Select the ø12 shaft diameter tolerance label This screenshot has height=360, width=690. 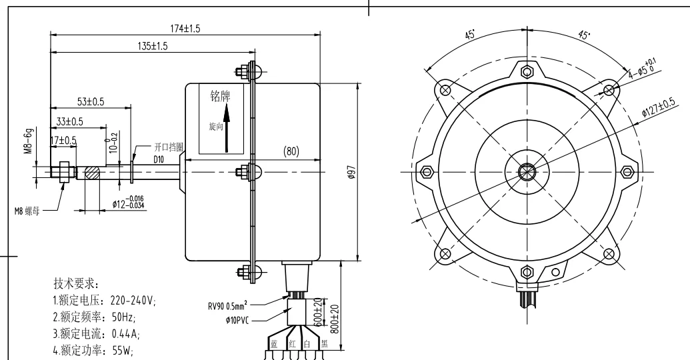click(x=129, y=202)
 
